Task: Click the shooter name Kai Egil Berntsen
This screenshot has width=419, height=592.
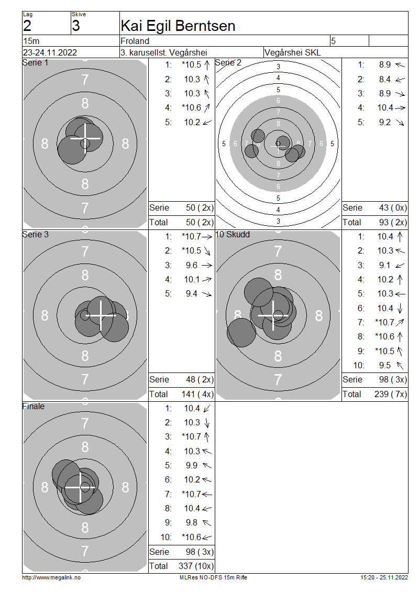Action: (178, 26)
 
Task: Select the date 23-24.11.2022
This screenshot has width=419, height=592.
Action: (50, 52)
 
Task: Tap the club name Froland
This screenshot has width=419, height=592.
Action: (135, 41)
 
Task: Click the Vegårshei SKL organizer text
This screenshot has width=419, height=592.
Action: (293, 52)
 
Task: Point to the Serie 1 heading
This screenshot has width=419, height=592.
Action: (35, 63)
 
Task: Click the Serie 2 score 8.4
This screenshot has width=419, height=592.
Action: (384, 79)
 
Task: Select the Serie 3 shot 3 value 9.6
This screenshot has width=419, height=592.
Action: (191, 266)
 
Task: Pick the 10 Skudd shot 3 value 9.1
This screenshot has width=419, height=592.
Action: (384, 266)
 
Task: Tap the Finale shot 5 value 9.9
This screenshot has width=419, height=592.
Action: (191, 466)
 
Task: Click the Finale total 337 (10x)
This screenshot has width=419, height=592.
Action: (196, 566)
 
